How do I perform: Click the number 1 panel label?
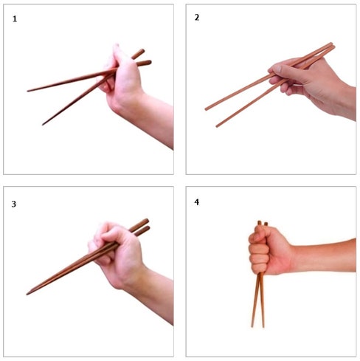15,19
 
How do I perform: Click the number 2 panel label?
197,18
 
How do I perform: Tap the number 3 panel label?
14,204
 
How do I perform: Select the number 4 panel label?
197,202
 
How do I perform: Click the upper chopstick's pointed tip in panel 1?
28,91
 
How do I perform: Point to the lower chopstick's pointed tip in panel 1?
43,125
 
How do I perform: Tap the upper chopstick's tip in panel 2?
206,109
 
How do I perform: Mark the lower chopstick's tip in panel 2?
217,126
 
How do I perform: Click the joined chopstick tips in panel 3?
27,294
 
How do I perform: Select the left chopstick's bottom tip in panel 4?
252,326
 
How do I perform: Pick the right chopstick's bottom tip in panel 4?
263,326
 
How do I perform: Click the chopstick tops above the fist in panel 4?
263,224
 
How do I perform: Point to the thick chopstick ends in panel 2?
331,46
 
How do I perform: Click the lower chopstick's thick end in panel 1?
147,63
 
